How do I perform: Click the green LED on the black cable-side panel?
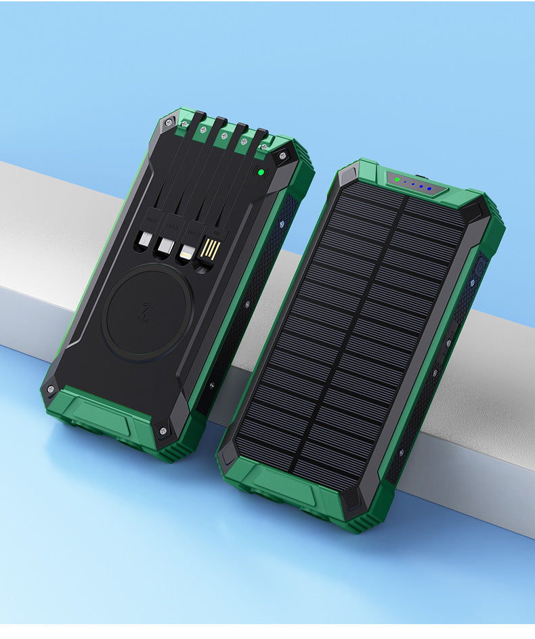click(x=259, y=172)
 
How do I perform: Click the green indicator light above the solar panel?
click(x=397, y=180)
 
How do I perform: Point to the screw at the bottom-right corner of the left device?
click(x=164, y=429)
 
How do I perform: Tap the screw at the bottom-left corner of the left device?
click(x=49, y=389)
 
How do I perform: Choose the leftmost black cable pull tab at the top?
click(x=198, y=118)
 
